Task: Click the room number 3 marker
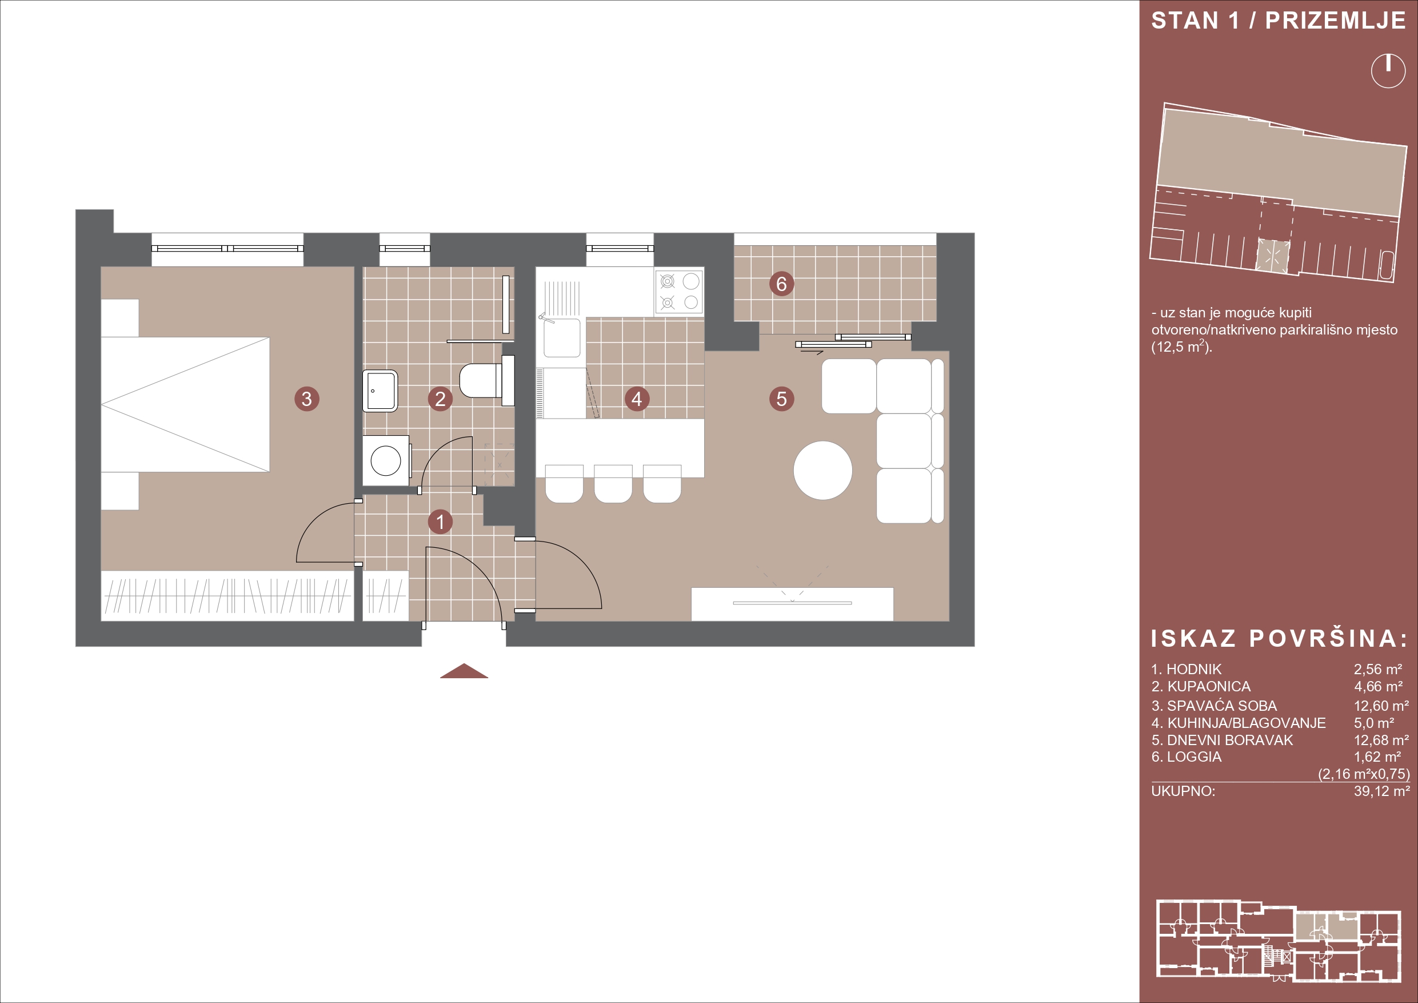pos(307,399)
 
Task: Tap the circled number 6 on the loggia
pos(781,284)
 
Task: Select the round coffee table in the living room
pos(822,470)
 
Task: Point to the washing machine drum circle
pos(386,460)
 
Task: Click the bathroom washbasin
pos(380,391)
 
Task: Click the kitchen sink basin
pos(562,337)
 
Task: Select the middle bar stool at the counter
pos(613,483)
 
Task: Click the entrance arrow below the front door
pos(464,672)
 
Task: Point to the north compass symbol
pos(1388,71)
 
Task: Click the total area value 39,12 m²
pos(1381,791)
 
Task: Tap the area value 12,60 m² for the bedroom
pos(1381,706)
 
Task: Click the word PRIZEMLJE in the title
pos(1335,21)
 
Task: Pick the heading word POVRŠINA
pos(1328,639)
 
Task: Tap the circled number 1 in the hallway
pos(440,522)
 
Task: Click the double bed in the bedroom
pos(185,404)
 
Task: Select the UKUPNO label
pos(1183,791)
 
